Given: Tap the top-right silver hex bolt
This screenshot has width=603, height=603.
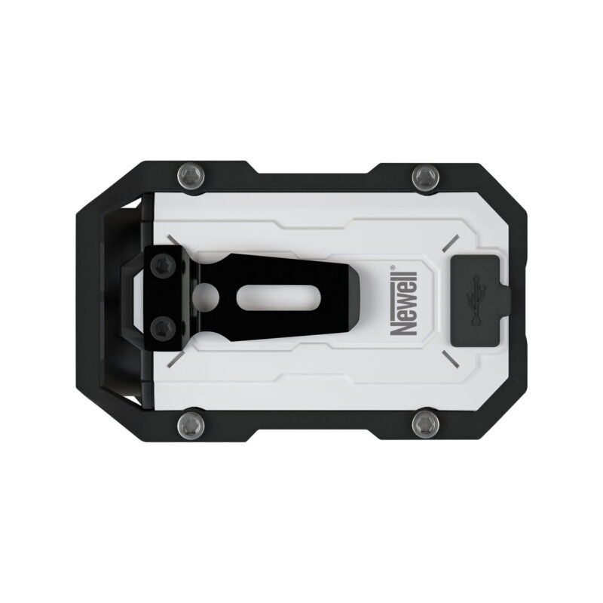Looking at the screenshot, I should [x=422, y=177].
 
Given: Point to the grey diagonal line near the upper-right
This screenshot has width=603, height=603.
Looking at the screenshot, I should [x=451, y=242].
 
